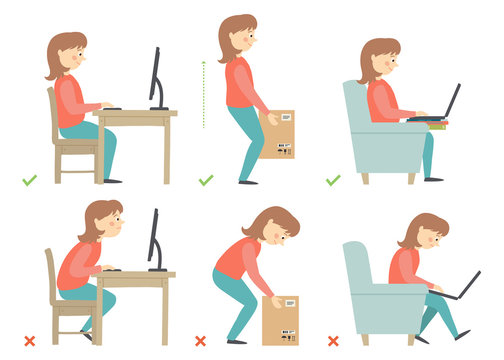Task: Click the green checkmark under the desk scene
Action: (29, 181)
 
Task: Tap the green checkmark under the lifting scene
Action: (206, 181)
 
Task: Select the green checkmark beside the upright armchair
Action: (333, 181)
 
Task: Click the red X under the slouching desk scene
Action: (29, 341)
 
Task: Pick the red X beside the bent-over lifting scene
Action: (200, 341)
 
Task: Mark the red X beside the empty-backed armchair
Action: (333, 341)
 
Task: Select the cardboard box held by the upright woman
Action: (277, 134)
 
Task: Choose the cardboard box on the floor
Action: (279, 319)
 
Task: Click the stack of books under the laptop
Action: (436, 124)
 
